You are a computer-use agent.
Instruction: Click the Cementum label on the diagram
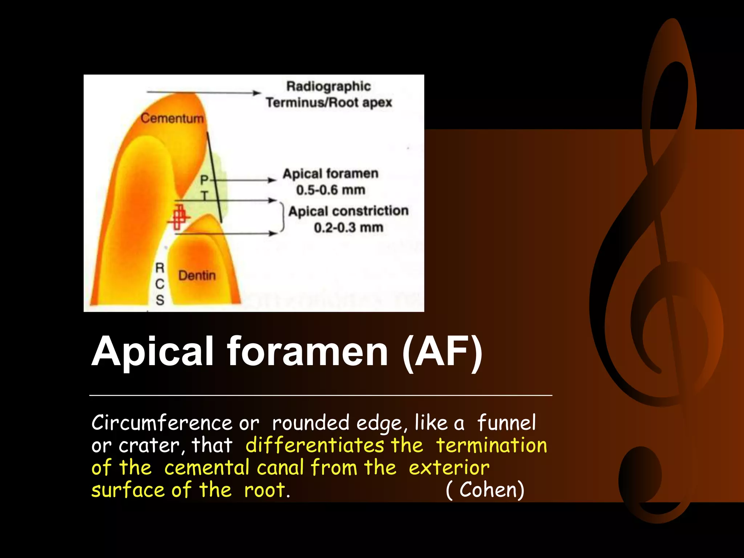172,118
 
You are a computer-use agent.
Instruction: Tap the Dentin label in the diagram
197,275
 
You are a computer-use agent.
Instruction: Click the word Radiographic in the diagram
328,86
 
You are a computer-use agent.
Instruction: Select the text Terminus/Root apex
329,102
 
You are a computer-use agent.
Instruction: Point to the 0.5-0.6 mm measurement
331,190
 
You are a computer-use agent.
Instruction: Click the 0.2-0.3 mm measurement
348,228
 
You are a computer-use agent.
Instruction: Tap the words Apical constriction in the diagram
348,211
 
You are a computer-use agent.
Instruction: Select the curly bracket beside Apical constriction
282,217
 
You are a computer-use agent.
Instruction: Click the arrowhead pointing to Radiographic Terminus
256,93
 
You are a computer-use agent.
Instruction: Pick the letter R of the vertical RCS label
160,268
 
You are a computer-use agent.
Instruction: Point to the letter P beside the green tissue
205,179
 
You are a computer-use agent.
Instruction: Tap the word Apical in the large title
152,352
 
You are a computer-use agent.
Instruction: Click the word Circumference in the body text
161,423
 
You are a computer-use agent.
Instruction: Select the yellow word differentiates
315,445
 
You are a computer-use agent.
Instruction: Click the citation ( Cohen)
485,490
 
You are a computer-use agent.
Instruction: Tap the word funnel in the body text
506,423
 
